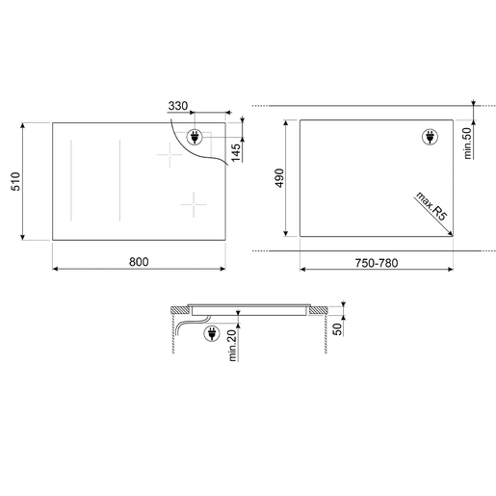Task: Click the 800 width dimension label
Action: [x=139, y=262]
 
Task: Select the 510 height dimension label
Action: [x=15, y=181]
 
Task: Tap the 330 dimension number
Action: [x=178, y=106]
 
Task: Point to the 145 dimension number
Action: [x=236, y=152]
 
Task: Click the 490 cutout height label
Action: [x=279, y=177]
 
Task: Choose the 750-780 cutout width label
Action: [x=377, y=263]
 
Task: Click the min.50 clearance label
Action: [x=468, y=143]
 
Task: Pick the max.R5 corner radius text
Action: [x=431, y=206]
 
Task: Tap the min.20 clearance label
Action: [x=232, y=346]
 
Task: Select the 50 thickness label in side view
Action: [x=337, y=329]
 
